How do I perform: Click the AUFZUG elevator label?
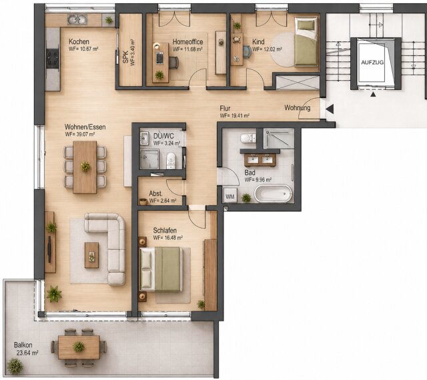(372, 63)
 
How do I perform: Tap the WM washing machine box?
(230, 196)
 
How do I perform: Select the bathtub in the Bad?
(273, 193)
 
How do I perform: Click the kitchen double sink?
(77, 19)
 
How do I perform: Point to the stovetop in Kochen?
(53, 58)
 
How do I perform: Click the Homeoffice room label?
(187, 42)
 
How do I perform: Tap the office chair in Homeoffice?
(173, 63)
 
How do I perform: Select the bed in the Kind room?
(307, 41)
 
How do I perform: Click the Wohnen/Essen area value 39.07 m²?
(80, 134)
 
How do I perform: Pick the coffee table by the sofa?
(91, 255)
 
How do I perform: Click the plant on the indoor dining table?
(85, 166)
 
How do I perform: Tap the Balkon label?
(23, 345)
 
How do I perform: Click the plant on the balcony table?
(79, 347)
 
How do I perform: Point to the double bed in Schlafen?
(160, 269)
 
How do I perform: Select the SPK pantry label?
(125, 57)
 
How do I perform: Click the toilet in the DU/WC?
(171, 161)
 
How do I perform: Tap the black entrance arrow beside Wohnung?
(330, 109)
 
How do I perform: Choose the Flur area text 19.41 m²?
(235, 115)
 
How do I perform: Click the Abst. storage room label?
(155, 194)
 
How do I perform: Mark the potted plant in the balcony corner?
(15, 366)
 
